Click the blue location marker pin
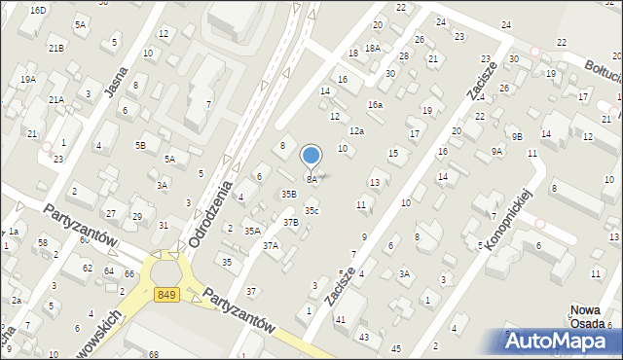(311, 156)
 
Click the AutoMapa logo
(562, 341)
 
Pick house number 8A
(311, 180)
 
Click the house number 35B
(289, 194)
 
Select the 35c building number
(311, 210)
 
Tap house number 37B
(291, 223)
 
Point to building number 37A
(270, 246)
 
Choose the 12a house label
(357, 130)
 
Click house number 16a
(375, 104)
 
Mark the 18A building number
(372, 48)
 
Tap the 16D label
(38, 10)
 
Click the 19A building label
(28, 79)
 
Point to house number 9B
(517, 135)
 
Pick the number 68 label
(153, 353)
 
